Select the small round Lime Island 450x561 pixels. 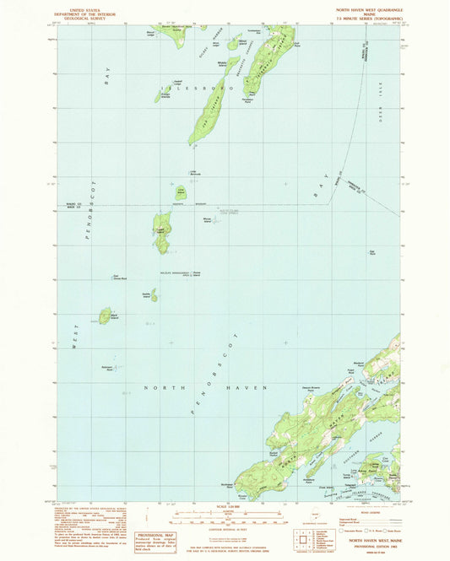(180, 192)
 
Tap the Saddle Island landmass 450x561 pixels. (153, 296)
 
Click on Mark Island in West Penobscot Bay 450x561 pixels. (105, 316)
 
